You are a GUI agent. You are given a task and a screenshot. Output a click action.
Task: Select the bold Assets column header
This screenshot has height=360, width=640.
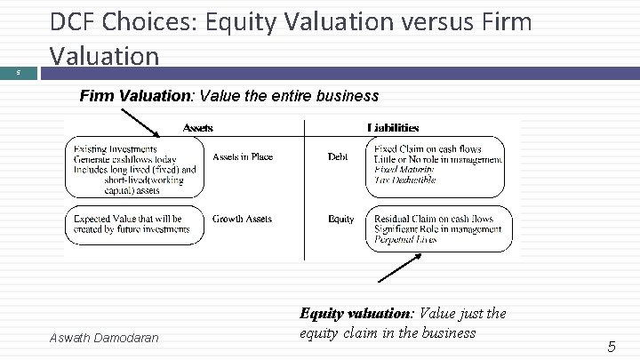[x=197, y=128]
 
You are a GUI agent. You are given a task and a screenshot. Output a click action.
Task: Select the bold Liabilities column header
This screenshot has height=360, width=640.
[x=393, y=128]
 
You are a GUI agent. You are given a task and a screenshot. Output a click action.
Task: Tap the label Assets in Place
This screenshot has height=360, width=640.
[x=243, y=157]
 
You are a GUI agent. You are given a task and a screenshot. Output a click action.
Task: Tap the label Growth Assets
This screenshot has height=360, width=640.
[x=242, y=219]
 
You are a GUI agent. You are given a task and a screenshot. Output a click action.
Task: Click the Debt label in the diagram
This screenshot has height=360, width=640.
[x=338, y=157]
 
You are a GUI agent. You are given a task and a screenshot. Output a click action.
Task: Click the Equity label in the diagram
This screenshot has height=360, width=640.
[x=340, y=219]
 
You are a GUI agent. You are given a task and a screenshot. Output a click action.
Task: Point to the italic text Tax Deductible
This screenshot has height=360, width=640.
[x=404, y=180]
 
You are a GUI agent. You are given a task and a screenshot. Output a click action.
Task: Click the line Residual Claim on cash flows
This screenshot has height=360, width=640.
[x=434, y=219]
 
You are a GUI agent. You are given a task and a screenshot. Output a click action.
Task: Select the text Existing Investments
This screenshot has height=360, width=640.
[x=116, y=148]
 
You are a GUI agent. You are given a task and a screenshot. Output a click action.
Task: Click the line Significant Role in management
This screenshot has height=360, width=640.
[x=437, y=229]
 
